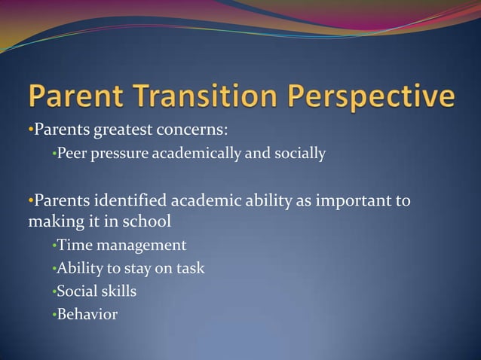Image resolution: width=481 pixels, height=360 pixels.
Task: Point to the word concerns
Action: coord(191,130)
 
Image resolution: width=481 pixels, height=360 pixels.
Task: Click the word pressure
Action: coord(120,155)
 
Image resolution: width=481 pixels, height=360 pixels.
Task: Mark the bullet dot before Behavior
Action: coord(54,315)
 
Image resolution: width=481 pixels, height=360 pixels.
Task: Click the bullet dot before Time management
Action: coord(54,246)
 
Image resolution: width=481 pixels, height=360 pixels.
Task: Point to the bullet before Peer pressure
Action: coord(54,154)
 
